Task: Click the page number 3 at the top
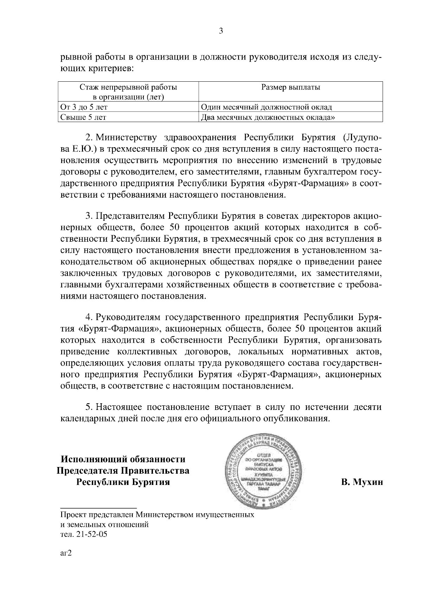point(221,31)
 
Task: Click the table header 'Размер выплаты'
point(290,87)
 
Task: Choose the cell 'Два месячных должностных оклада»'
point(267,117)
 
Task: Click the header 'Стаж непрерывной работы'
point(128,87)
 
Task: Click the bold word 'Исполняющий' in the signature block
point(93,459)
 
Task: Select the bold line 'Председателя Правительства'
point(123,471)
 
